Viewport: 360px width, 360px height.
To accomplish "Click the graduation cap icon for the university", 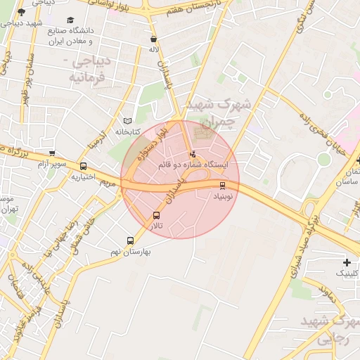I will pos(71,21).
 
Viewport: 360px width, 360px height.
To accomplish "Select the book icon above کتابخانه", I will pos(127,121).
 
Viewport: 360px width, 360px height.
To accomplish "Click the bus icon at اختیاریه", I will pos(84,167).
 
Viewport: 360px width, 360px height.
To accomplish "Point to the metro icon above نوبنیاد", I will pos(223,186).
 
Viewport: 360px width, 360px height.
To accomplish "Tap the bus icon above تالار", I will pos(156,216).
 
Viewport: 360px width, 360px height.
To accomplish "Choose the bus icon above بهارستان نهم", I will pos(130,240).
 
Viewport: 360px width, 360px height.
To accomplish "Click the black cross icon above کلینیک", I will pos(347,262).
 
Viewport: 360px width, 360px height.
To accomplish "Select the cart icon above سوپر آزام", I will pos(52,153).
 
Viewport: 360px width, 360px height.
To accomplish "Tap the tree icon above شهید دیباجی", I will pos(21,12).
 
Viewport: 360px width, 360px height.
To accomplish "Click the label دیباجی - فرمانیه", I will pos(88,69).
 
